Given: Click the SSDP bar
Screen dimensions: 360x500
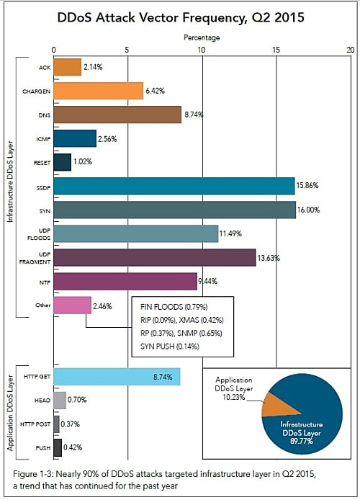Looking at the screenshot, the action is [174, 186].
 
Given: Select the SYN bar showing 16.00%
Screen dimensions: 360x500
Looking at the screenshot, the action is [174, 210].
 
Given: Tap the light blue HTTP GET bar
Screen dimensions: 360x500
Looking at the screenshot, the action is [117, 377].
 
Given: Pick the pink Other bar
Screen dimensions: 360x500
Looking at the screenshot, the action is [72, 305].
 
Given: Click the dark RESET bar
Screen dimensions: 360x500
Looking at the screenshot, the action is [63, 162].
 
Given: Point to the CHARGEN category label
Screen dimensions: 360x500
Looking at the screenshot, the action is [36, 91].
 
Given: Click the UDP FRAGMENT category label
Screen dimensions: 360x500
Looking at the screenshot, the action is [35, 258].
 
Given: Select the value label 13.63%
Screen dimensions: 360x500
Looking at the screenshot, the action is [269, 258].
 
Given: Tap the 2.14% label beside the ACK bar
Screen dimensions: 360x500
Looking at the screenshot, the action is [93, 67].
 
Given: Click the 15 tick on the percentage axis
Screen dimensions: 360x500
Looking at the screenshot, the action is [276, 50].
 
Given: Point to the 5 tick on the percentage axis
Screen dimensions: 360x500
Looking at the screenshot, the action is [127, 50].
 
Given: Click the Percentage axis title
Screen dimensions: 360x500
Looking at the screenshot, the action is [202, 37].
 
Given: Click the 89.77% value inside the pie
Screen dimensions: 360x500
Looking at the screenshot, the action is [302, 441].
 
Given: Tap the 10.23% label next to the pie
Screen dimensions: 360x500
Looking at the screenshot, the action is [234, 397].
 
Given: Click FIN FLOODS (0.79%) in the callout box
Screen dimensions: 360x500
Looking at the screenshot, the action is [174, 307].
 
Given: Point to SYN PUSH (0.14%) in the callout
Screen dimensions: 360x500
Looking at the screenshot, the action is [170, 347].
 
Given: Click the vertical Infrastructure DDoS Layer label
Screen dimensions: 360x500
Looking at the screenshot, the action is [10, 182].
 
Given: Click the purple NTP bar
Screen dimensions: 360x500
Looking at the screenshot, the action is [125, 281].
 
